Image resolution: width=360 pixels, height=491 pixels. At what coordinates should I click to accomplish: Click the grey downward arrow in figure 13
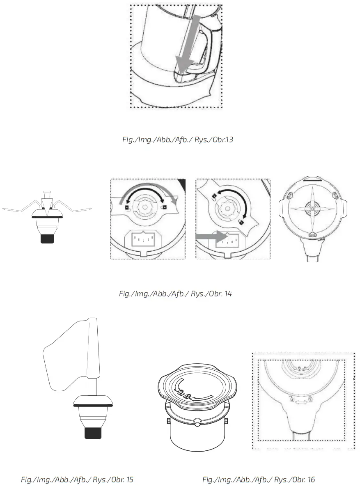(187, 45)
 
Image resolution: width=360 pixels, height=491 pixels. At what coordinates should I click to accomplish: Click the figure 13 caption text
(178, 140)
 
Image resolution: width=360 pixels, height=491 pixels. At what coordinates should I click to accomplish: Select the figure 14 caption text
(175, 294)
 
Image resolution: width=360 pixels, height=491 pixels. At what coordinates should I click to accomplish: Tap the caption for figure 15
(77, 480)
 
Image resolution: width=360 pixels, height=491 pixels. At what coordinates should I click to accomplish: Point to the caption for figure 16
(259, 480)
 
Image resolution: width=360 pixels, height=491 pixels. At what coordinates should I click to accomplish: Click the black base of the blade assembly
(47, 238)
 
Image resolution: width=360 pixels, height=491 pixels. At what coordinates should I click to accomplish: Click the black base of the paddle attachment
(93, 432)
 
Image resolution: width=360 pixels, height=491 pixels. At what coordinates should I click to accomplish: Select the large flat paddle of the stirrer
(70, 355)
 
